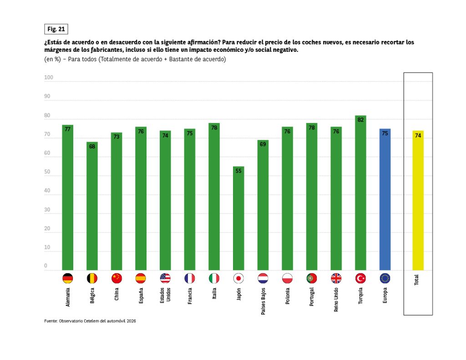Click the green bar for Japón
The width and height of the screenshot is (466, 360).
click(238, 218)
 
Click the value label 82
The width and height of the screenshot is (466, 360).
click(360, 120)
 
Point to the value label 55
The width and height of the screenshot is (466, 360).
click(238, 171)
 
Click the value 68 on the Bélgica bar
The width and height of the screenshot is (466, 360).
click(92, 147)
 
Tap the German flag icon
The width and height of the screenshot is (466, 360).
click(67, 278)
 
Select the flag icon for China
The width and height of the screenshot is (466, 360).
click(116, 278)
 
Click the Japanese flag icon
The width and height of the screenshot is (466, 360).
click(238, 278)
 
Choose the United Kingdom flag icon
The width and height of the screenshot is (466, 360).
click(336, 278)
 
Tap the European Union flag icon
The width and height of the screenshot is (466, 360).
click(385, 278)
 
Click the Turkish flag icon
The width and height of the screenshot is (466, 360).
click(360, 278)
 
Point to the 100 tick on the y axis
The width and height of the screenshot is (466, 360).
click(49, 78)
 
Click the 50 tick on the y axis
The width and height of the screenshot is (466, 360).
click(47, 172)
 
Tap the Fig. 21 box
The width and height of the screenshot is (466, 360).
click(56, 29)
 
